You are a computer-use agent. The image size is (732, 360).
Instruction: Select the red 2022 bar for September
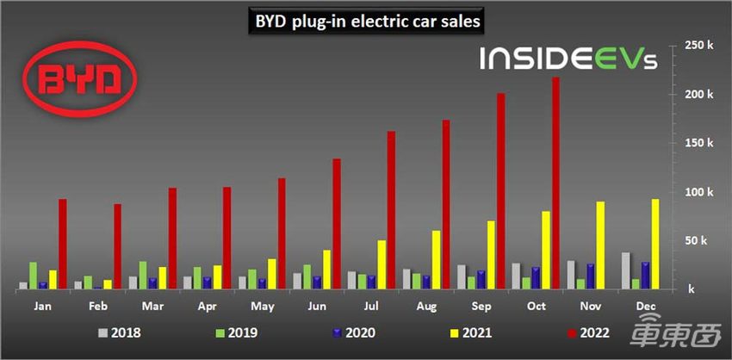(x=501, y=191)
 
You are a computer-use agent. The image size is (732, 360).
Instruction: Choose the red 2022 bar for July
(x=392, y=210)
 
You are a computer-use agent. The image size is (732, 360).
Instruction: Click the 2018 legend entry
(x=120, y=330)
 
